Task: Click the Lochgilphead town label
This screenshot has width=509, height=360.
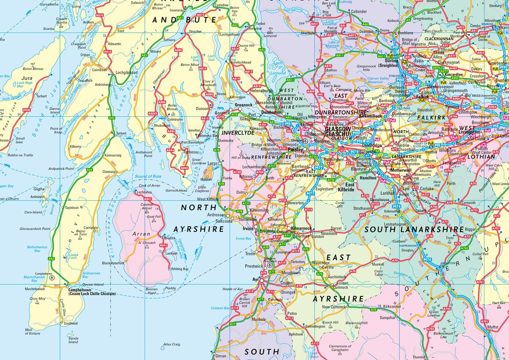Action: coord(127,72)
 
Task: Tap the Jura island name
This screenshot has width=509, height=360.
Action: coord(27,78)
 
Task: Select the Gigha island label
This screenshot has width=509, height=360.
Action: coord(39,189)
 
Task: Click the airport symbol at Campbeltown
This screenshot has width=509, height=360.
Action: coord(52,278)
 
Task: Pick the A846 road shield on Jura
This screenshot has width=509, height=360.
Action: coord(26,110)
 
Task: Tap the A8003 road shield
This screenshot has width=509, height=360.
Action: coord(153,114)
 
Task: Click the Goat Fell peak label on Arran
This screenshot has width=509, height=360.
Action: coord(154,216)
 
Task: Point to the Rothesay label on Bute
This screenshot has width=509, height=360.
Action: coord(191,152)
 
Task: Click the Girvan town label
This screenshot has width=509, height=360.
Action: coord(221,356)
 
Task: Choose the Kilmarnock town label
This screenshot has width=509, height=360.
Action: coord(301,228)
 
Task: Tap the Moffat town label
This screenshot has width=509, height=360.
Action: coord(493,327)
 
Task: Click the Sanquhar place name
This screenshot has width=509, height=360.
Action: coord(388,318)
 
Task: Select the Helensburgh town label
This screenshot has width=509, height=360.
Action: coord(261,91)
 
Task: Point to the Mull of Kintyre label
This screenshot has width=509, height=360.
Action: coord(32,331)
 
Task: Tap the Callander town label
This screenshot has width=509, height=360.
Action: coord(359,11)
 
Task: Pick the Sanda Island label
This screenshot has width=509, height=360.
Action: coord(73,340)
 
